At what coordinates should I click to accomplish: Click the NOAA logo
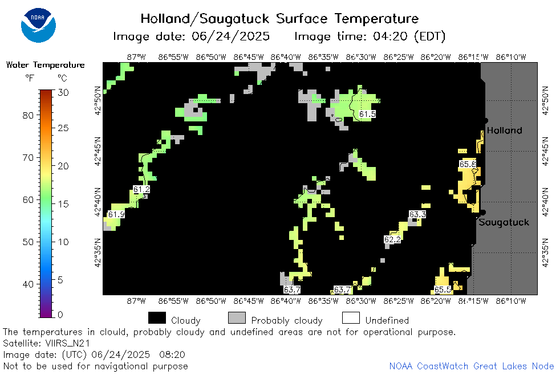pos(38,25)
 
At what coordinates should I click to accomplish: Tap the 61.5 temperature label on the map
pos(367,114)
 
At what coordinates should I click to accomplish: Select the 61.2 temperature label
pos(141,189)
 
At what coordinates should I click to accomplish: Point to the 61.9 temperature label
pos(116,214)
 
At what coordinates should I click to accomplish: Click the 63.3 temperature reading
pos(417,214)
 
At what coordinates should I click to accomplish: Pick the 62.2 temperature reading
pos(392,239)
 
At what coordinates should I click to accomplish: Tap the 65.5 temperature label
pos(443,290)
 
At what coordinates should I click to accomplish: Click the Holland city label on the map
pos(504,131)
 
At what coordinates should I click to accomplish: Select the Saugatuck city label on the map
pos(504,222)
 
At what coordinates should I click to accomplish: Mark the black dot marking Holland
pos(486,121)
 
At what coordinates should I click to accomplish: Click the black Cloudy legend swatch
pos(157,318)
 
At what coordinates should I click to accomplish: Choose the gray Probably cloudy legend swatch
pos(237,318)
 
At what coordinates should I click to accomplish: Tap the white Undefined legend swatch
pos(351,318)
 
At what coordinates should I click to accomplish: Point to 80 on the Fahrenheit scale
pos(28,116)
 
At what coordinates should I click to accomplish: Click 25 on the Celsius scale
pos(63,128)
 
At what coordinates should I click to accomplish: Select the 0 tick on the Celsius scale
pos(60,315)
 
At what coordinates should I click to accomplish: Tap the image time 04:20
pos(390,36)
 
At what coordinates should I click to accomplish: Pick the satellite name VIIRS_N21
pos(67,343)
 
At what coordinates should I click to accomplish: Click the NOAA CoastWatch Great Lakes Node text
pos(472,366)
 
